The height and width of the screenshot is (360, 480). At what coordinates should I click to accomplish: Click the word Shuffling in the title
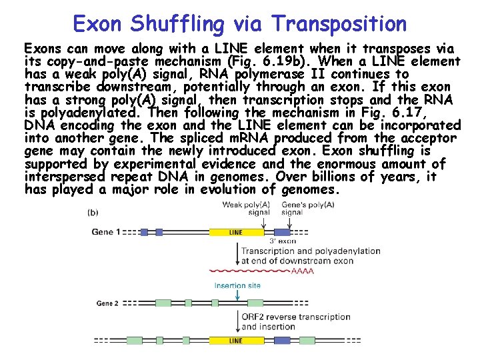pyautogui.click(x=179, y=24)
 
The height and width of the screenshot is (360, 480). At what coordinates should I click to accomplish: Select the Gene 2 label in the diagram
pyautogui.click(x=107, y=303)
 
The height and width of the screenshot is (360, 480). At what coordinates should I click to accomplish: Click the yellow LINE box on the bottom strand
pyautogui.click(x=236, y=341)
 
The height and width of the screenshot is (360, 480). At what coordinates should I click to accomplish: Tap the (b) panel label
pyautogui.click(x=94, y=212)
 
